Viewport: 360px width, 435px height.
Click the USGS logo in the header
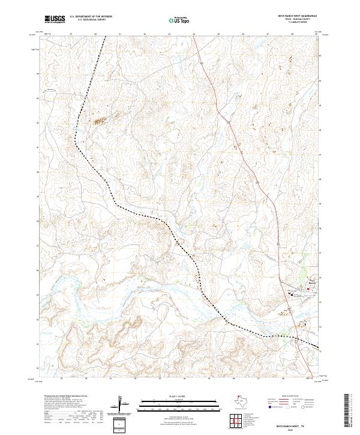click(x=55, y=20)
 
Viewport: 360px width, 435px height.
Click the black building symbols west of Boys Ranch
click(x=292, y=293)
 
